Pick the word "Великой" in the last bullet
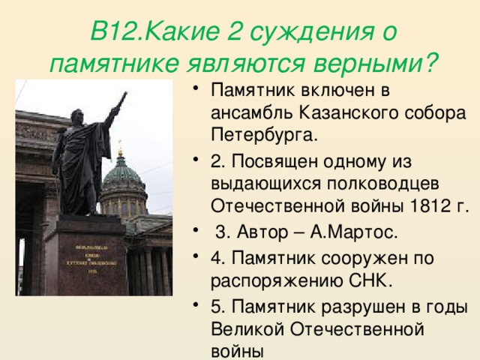click(247, 327)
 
